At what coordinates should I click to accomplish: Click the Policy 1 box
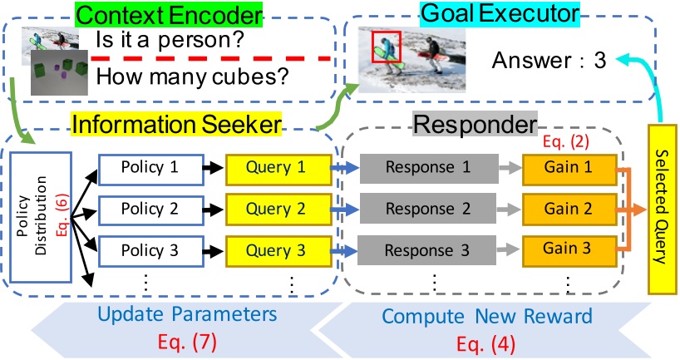(x=151, y=170)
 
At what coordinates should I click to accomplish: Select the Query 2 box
(x=278, y=210)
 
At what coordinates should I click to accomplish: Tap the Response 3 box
(x=426, y=250)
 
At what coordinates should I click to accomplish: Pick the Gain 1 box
(x=569, y=169)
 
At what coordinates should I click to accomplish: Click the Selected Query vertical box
(x=663, y=209)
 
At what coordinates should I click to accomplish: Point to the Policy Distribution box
(x=41, y=217)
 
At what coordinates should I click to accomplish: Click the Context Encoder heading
(x=169, y=15)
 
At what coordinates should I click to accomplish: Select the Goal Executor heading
(x=500, y=13)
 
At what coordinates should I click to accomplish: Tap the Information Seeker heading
(x=176, y=124)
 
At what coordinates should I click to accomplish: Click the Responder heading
(x=475, y=125)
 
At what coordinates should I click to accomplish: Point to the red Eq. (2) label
(x=565, y=141)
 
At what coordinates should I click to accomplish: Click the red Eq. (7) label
(x=187, y=343)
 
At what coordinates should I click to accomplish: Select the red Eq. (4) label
(x=485, y=344)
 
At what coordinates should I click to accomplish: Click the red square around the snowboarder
(x=387, y=47)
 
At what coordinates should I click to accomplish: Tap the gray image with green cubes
(x=59, y=72)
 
